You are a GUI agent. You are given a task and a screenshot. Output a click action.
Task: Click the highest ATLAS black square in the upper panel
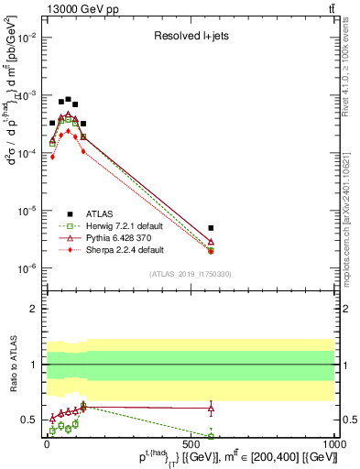[68, 99]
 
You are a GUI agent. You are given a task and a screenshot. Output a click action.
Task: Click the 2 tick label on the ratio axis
[33, 309]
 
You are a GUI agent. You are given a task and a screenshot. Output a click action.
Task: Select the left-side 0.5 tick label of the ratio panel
[28, 420]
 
